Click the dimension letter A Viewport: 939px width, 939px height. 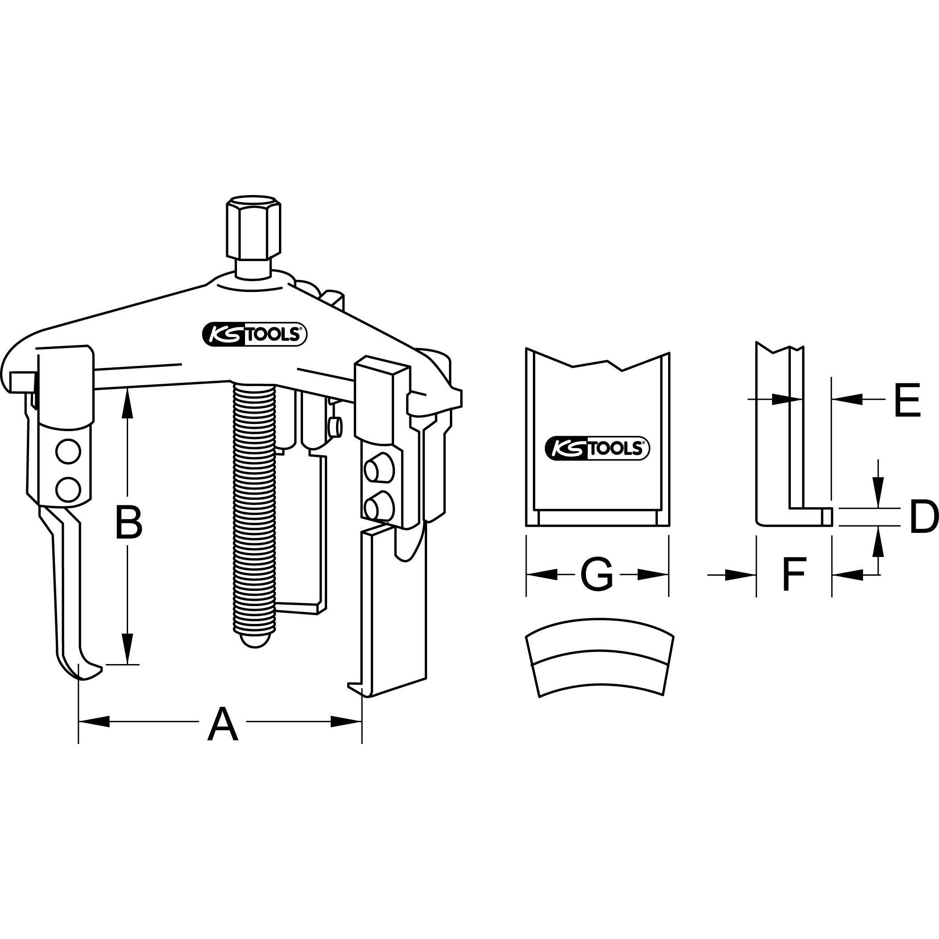click(223, 726)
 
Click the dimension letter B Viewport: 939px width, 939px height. click(129, 523)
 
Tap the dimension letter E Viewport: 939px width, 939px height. click(907, 400)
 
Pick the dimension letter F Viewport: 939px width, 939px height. click(793, 574)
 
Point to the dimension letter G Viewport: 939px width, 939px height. click(597, 574)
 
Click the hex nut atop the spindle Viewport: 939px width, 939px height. click(253, 228)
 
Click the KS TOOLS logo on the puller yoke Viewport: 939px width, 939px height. click(253, 334)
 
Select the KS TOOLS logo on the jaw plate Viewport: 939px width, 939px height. click(598, 448)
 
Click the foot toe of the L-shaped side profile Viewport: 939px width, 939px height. click(827, 517)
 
